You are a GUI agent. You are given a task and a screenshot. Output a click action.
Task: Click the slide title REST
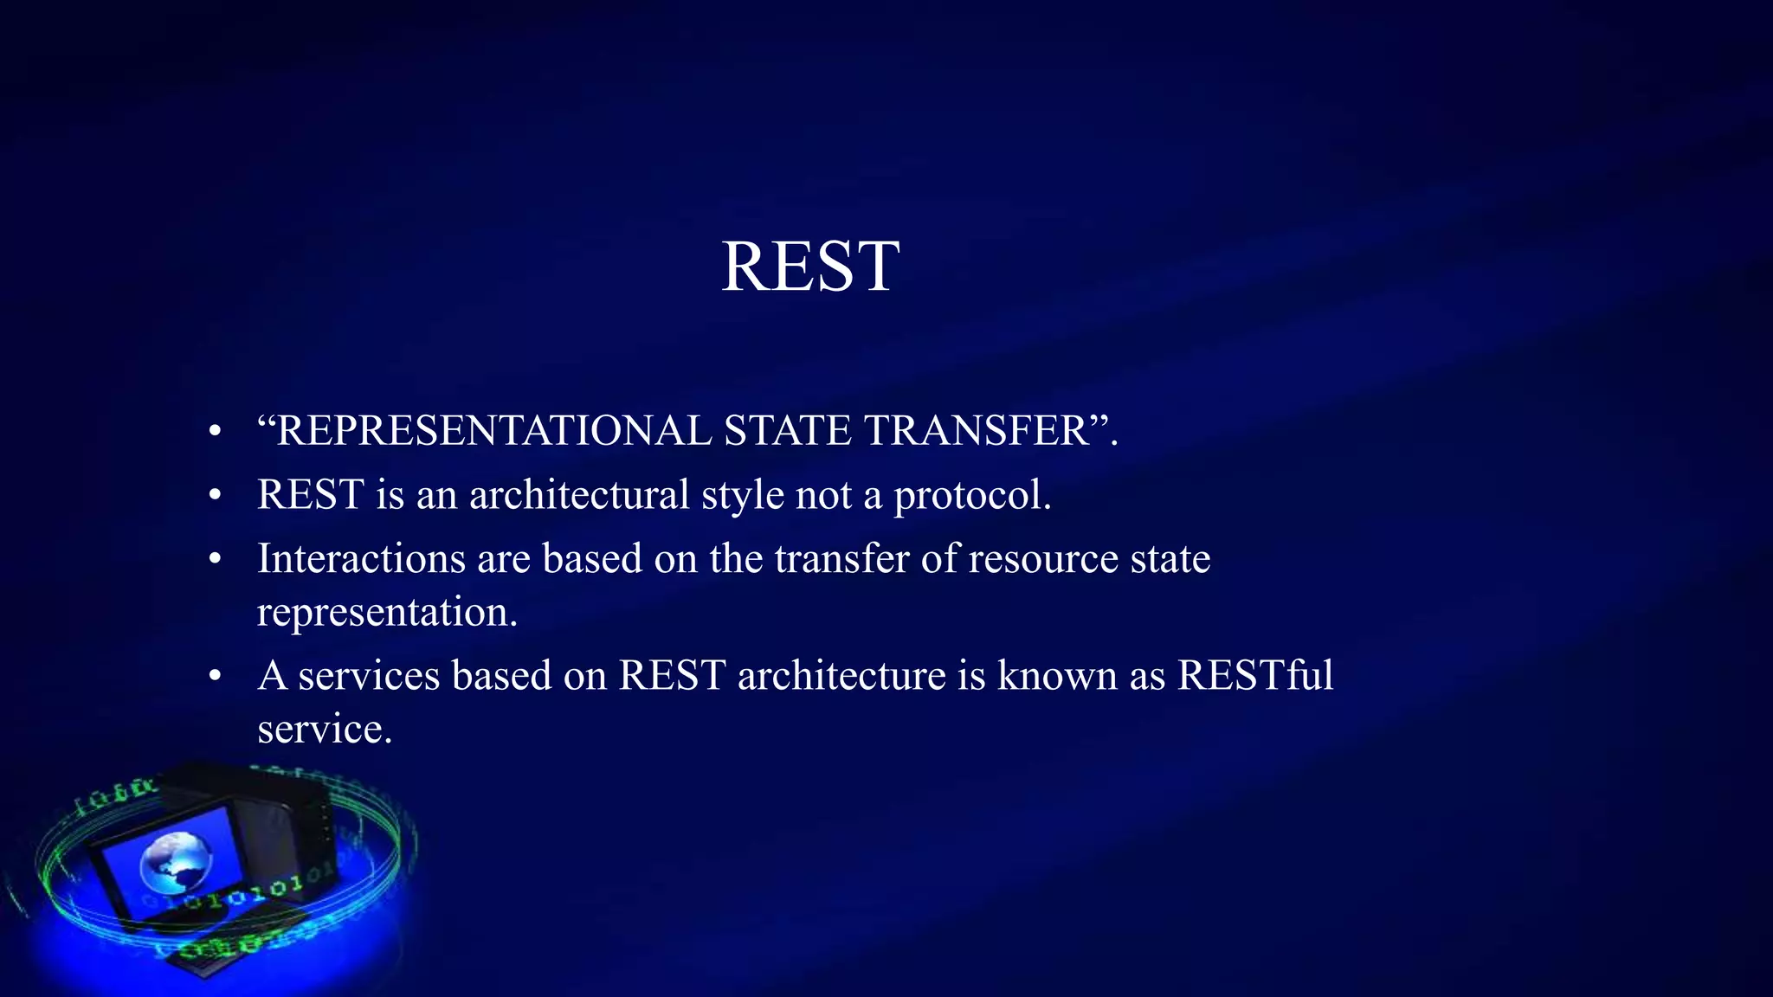coord(810,267)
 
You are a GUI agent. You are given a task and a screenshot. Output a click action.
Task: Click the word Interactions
coord(361,558)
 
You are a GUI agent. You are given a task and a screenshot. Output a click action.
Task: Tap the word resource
coord(1043,559)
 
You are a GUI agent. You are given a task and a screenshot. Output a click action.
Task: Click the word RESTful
coord(1254,675)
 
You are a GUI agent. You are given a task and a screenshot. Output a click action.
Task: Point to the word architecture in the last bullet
coord(841,675)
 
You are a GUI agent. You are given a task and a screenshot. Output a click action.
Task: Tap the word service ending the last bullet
coord(323,729)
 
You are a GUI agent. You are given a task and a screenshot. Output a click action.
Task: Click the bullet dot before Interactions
coord(216,559)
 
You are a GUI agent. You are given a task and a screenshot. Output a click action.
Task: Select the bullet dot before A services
coord(216,676)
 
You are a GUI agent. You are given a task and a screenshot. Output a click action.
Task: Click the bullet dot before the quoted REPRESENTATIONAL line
coord(216,431)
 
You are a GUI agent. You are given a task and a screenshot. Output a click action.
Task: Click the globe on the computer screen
coord(176,863)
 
